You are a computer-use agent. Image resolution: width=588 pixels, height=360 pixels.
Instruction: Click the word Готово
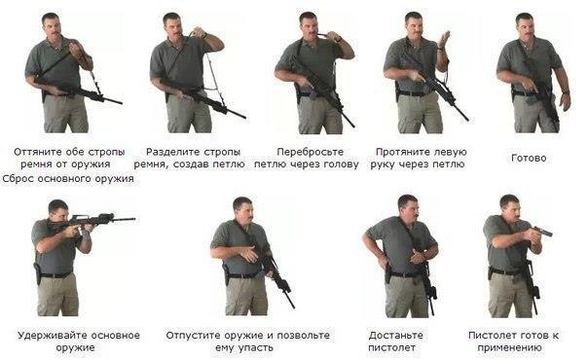pyautogui.click(x=529, y=158)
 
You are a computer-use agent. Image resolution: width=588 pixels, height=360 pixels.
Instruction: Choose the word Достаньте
pyautogui.click(x=395, y=336)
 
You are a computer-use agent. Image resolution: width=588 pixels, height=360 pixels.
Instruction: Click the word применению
pyautogui.click(x=509, y=347)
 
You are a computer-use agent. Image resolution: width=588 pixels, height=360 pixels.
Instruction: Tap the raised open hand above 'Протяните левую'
pyautogui.click(x=444, y=40)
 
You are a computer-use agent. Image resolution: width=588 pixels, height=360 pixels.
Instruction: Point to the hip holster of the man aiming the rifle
pyautogui.click(x=38, y=273)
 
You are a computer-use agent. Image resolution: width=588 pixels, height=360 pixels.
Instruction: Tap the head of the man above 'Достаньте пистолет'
pyautogui.click(x=408, y=207)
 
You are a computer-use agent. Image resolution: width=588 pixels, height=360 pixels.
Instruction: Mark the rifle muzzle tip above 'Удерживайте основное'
pyautogui.click(x=135, y=219)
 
